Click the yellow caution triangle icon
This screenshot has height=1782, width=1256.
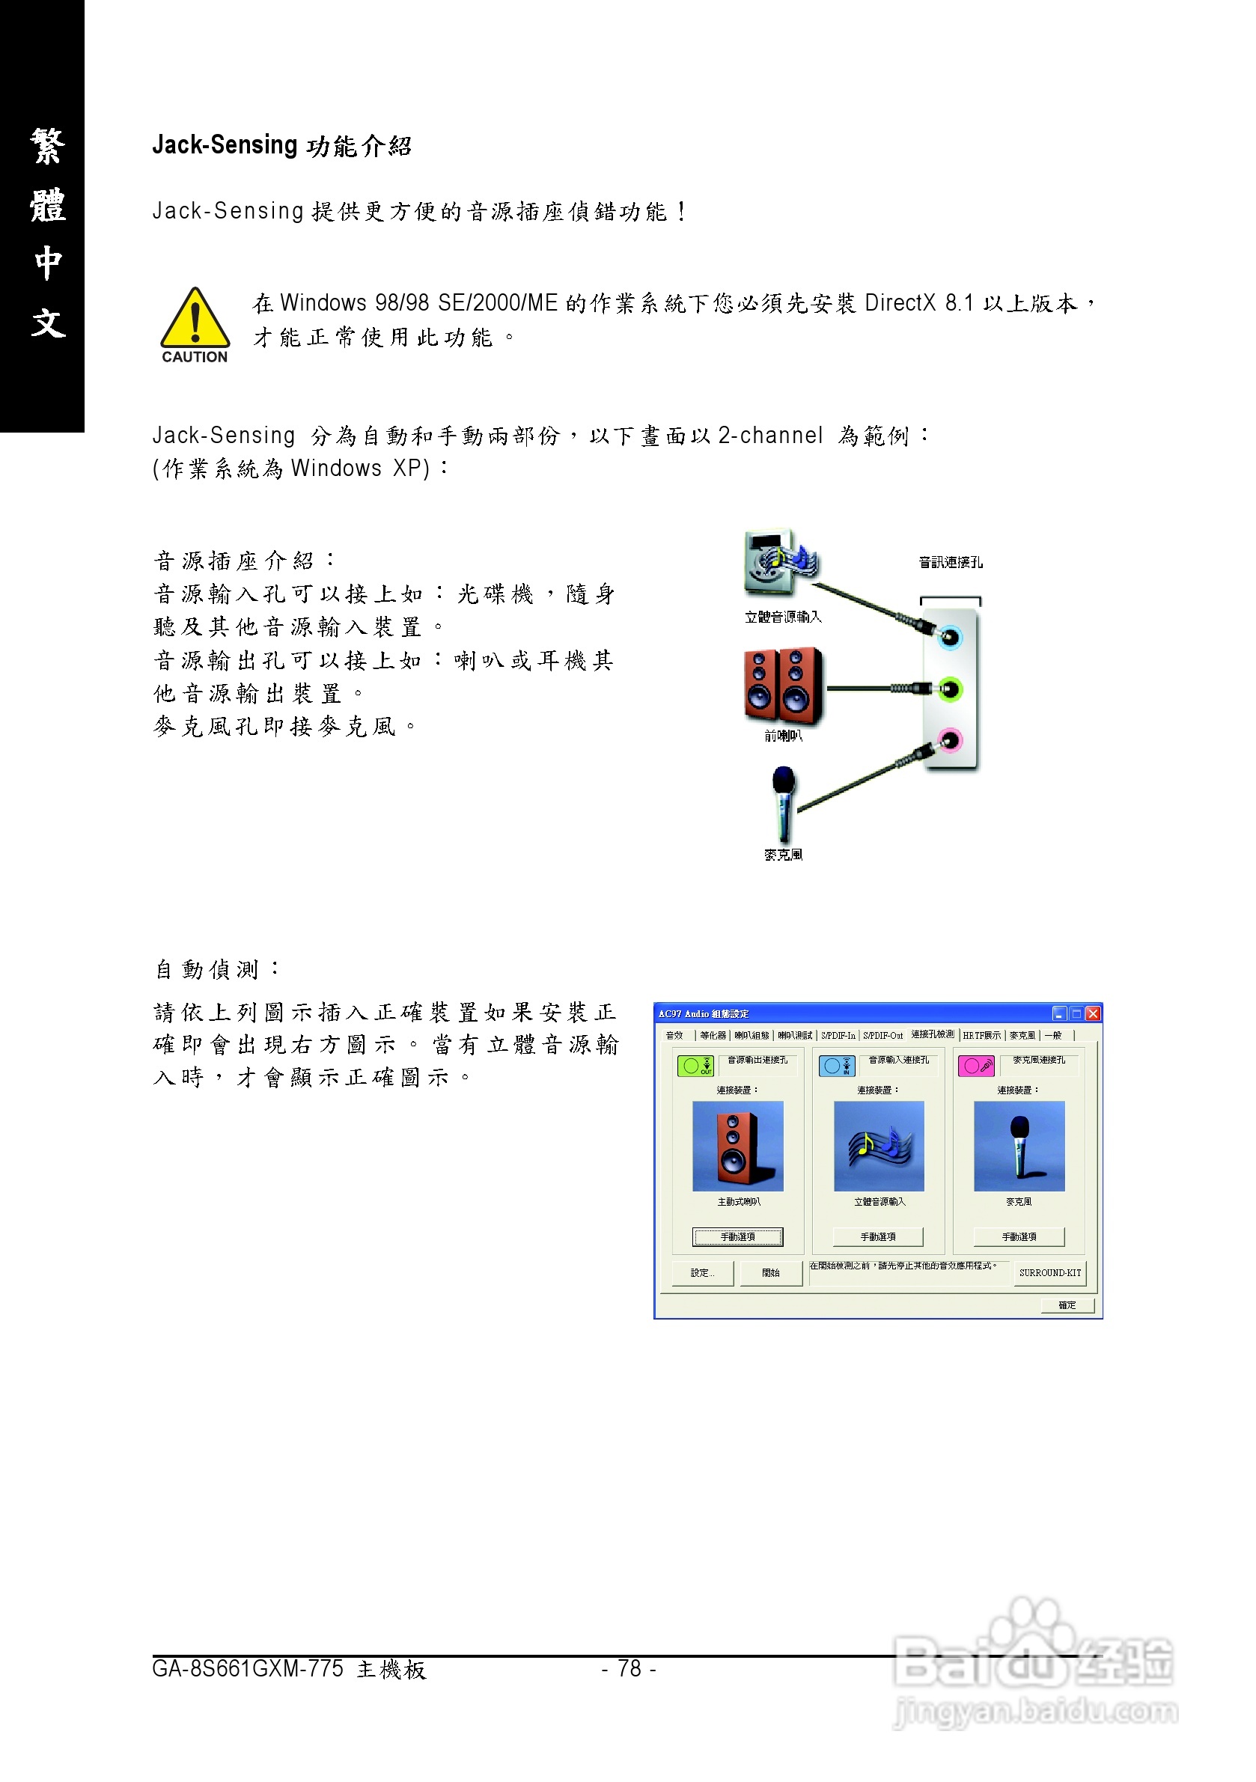point(194,319)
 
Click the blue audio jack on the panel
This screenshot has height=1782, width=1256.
point(950,638)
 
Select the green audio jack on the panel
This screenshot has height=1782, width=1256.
point(950,689)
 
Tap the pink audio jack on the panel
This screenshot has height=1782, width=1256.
point(949,739)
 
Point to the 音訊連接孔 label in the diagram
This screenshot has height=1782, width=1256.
point(950,563)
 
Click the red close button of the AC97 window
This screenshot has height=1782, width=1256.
point(1093,1013)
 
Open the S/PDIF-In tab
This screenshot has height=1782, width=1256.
point(838,1035)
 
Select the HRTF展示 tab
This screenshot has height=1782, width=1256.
point(981,1035)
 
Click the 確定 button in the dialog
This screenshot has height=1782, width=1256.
point(1067,1305)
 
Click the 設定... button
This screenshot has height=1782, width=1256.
point(703,1273)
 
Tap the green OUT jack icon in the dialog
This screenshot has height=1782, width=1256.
point(695,1067)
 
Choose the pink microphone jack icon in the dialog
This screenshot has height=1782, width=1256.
point(976,1067)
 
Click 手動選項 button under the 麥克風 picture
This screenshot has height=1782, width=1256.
point(1019,1236)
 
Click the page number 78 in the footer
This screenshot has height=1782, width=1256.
point(629,1668)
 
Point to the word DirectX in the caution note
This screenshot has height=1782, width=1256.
point(900,302)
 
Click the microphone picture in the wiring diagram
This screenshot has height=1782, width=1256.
point(783,804)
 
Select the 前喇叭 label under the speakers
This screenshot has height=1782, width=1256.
point(783,736)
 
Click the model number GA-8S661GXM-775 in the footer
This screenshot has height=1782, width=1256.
point(248,1669)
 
